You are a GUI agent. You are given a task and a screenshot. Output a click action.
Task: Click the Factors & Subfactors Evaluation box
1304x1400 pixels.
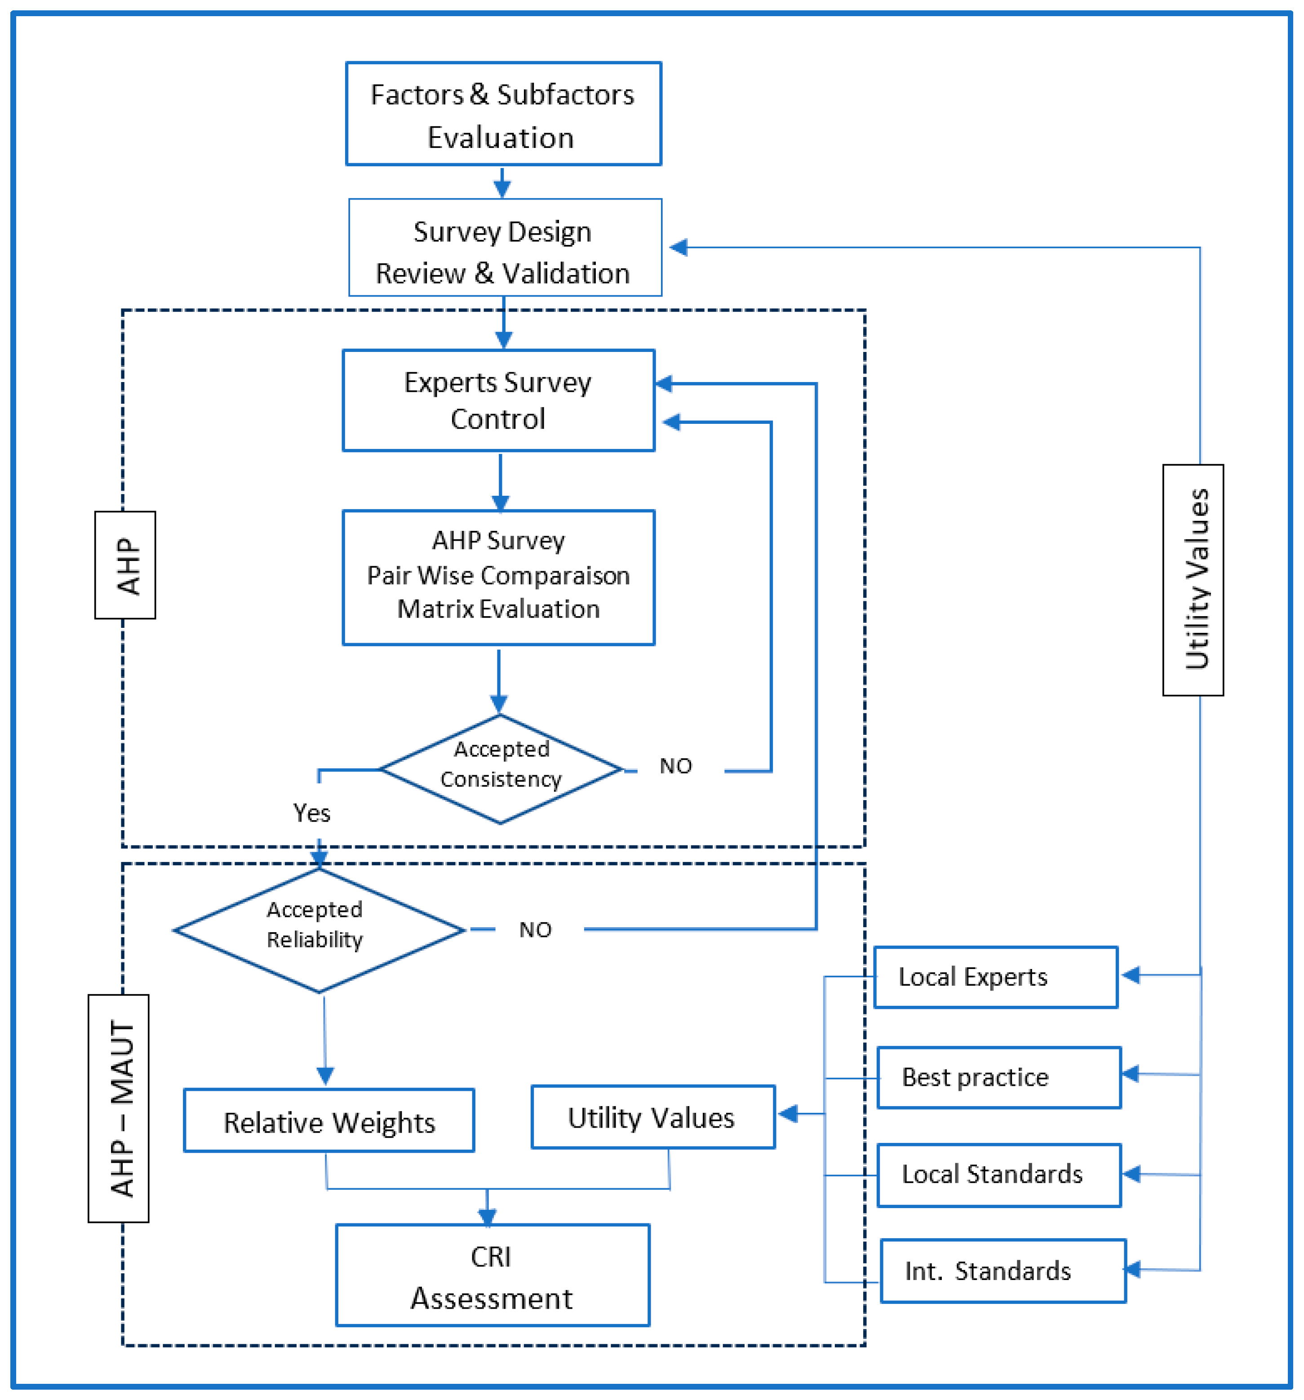coord(503,114)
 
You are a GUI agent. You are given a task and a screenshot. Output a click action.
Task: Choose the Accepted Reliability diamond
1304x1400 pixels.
coord(318,929)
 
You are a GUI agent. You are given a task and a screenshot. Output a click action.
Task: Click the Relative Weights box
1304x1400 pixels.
coord(329,1122)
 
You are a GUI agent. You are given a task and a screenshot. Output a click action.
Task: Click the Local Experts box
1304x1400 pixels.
coord(995,977)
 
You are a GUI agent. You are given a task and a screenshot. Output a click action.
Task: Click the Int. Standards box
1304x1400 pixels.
coord(1002,1271)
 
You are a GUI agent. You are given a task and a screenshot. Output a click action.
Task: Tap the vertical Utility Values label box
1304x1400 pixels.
coord(1192,580)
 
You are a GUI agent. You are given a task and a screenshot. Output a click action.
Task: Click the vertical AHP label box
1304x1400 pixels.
coord(125,565)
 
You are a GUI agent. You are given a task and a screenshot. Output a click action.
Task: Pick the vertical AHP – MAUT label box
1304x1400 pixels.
coord(118,1108)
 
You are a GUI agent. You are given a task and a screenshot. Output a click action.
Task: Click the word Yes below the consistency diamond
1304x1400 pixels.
coord(311,813)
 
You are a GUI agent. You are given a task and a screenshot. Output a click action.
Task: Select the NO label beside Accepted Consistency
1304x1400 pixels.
coord(675,765)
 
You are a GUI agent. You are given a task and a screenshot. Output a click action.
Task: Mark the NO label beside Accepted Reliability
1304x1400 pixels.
coord(535,929)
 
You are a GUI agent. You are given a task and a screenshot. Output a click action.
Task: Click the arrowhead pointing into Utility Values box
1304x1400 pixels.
coord(787,1113)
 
